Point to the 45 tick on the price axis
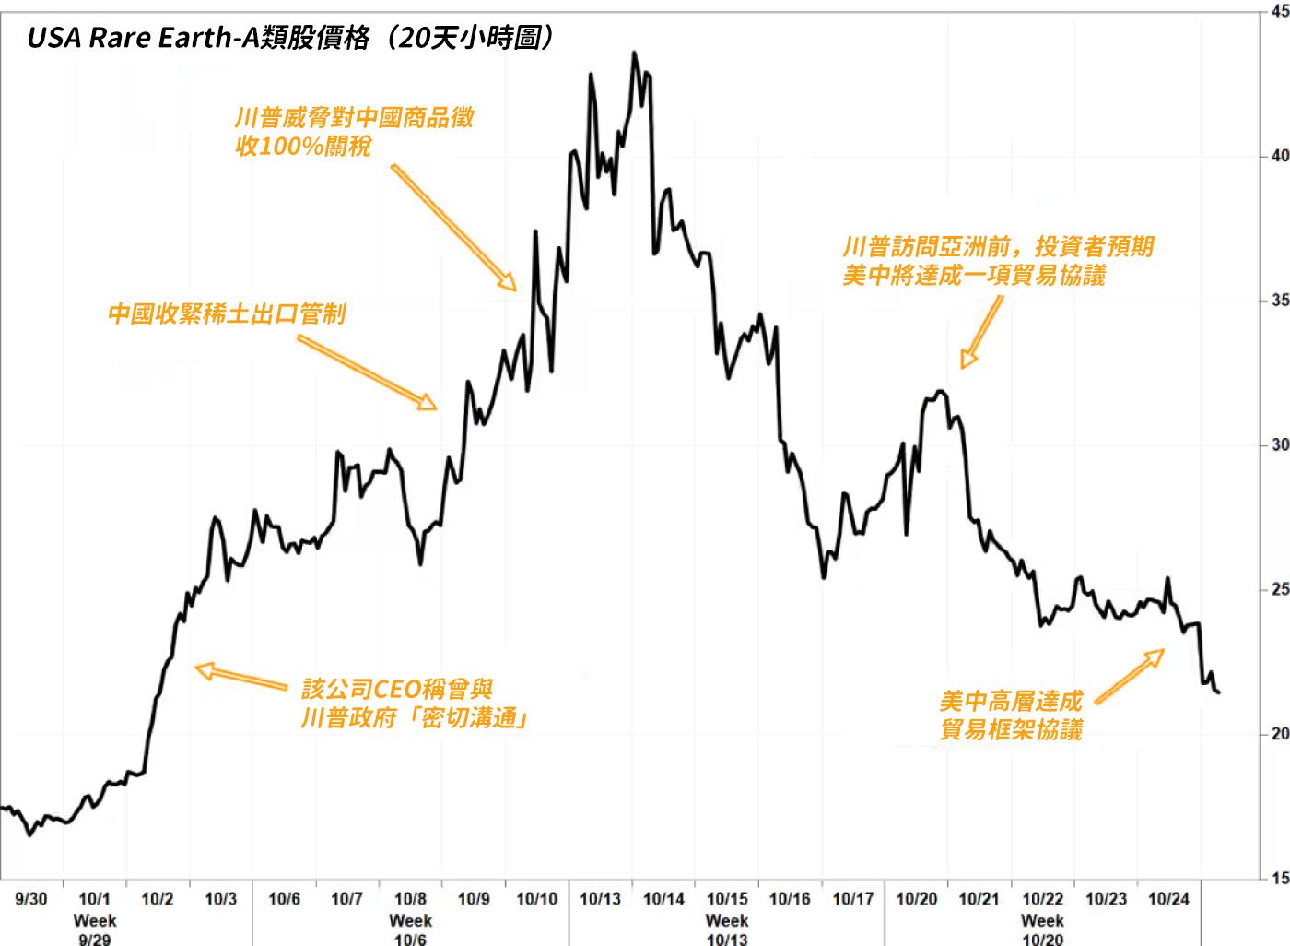tap(1279, 12)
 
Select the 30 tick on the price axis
tap(1279, 444)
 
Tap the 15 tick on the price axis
tap(1279, 878)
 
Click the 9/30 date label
tap(31, 899)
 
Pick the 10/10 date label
tap(536, 899)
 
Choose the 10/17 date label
tap(852, 899)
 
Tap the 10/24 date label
tap(1168, 899)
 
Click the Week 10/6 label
tap(410, 929)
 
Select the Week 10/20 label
tap(1042, 929)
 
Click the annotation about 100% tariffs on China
tap(354, 131)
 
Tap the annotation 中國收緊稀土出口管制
tap(227, 313)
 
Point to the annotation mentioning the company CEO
tap(414, 703)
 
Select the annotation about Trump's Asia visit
tap(997, 261)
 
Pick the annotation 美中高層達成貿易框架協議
tap(1011, 715)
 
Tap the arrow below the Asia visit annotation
tap(981, 332)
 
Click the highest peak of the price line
tap(634, 53)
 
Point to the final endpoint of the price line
tap(1219, 692)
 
